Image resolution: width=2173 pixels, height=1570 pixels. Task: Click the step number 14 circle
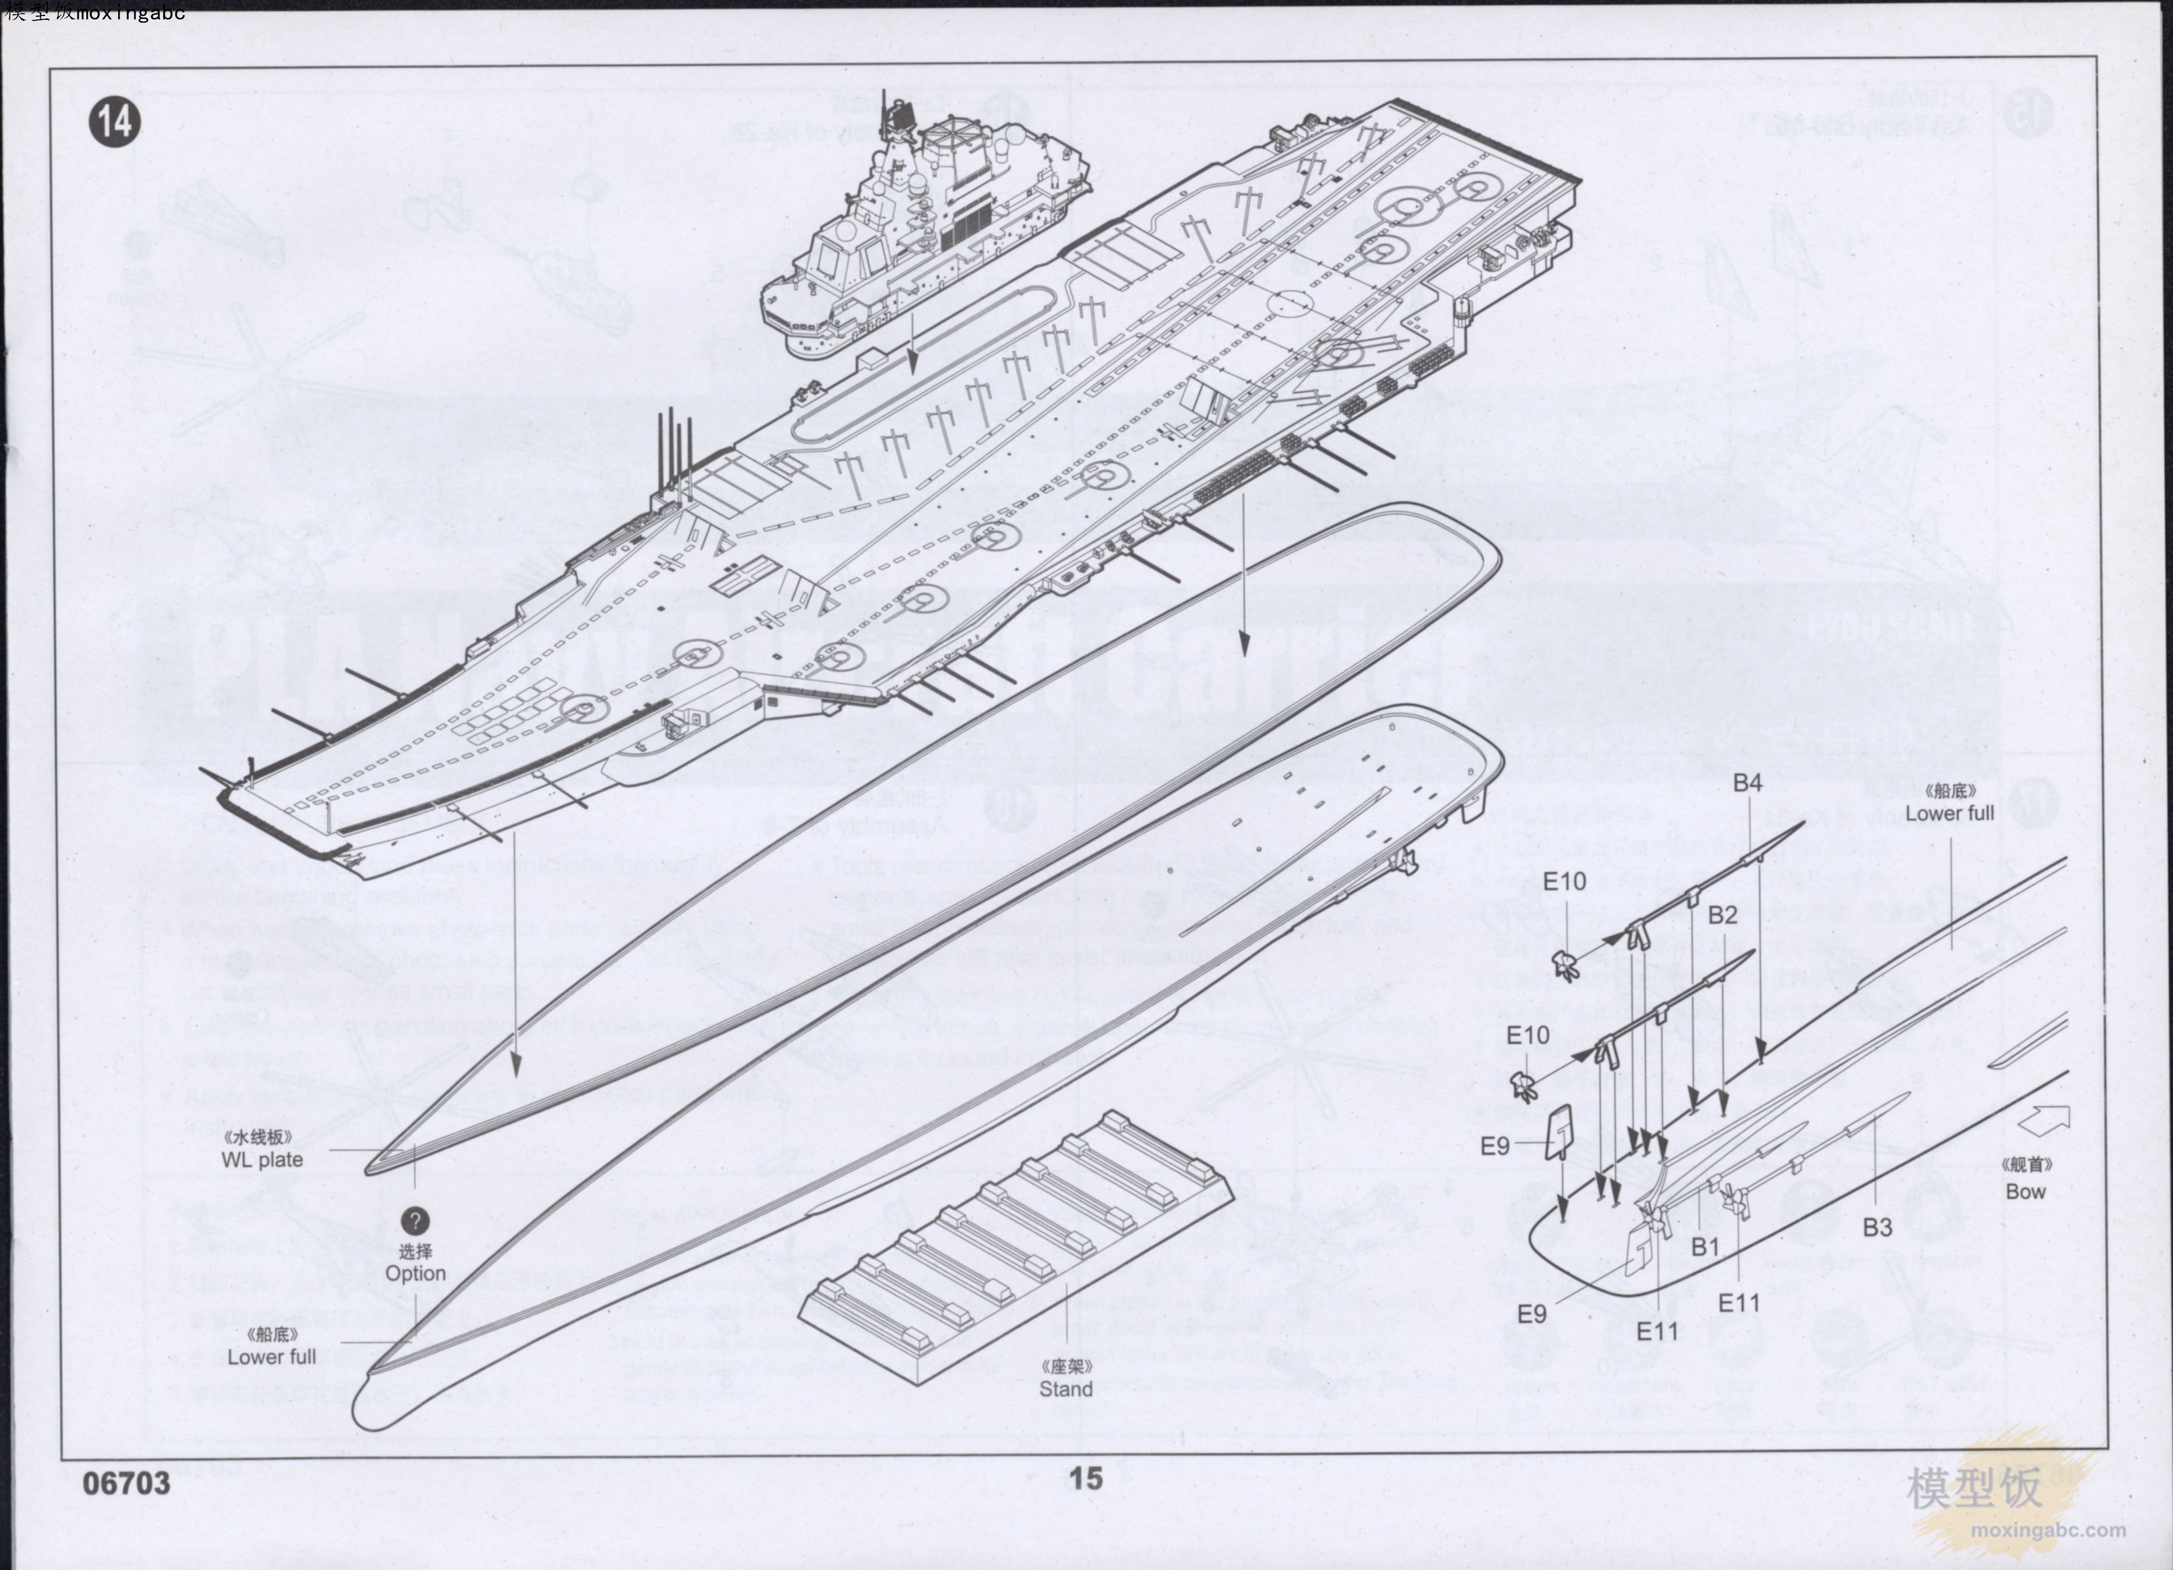(115, 122)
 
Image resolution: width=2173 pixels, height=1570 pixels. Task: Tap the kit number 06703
(126, 1483)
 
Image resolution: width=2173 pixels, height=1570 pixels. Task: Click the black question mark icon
(415, 1221)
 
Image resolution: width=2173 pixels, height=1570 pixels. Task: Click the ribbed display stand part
(1016, 1245)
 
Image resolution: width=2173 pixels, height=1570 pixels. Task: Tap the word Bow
(2025, 1192)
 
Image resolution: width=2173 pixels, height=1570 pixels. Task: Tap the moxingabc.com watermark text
(2049, 1530)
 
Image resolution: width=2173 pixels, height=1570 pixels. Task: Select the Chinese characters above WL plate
(257, 1137)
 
